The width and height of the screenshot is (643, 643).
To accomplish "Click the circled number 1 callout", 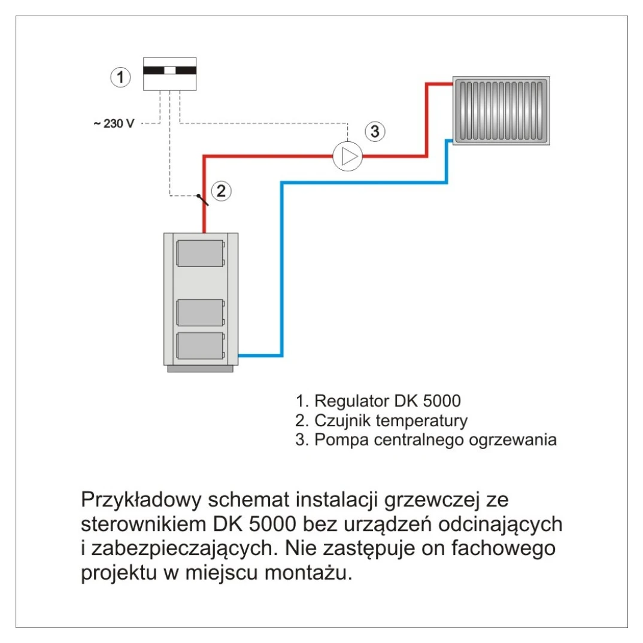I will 121,77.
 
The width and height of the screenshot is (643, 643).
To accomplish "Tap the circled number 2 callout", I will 221,191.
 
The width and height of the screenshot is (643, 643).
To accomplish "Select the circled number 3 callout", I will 375,132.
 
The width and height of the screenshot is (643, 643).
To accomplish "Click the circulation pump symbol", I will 348,157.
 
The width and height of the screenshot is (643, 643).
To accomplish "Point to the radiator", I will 501,111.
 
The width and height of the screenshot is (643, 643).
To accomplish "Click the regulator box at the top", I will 170,74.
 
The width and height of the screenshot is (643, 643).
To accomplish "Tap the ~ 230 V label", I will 113,124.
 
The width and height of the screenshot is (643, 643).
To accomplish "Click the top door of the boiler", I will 201,253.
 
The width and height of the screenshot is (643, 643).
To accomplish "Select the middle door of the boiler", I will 201,311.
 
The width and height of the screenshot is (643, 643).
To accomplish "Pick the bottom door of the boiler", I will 201,346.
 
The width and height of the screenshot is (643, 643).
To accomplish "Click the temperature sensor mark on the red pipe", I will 202,199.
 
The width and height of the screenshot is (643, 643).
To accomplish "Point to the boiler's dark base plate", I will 201,369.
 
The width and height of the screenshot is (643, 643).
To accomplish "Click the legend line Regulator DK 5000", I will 378,401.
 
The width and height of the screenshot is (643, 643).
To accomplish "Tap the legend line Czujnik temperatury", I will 381,420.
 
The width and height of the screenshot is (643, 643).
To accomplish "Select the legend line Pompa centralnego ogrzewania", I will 426,440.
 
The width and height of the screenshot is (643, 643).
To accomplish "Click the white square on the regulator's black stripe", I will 170,70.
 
